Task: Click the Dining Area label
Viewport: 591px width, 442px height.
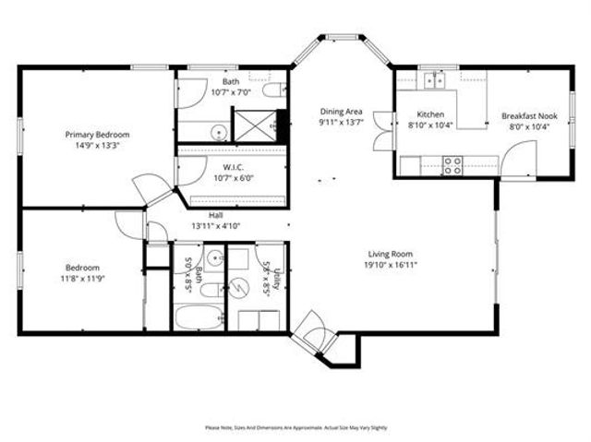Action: point(340,111)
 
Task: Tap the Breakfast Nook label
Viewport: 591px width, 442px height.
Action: point(528,116)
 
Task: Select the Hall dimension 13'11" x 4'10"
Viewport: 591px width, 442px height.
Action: point(215,225)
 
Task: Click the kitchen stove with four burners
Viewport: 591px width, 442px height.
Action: point(452,165)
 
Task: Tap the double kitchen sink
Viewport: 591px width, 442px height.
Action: point(432,80)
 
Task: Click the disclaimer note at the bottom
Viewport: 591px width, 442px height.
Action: point(295,427)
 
